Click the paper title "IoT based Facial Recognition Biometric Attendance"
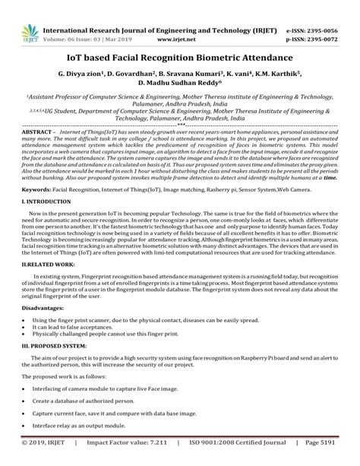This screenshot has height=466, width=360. tap(180, 59)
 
